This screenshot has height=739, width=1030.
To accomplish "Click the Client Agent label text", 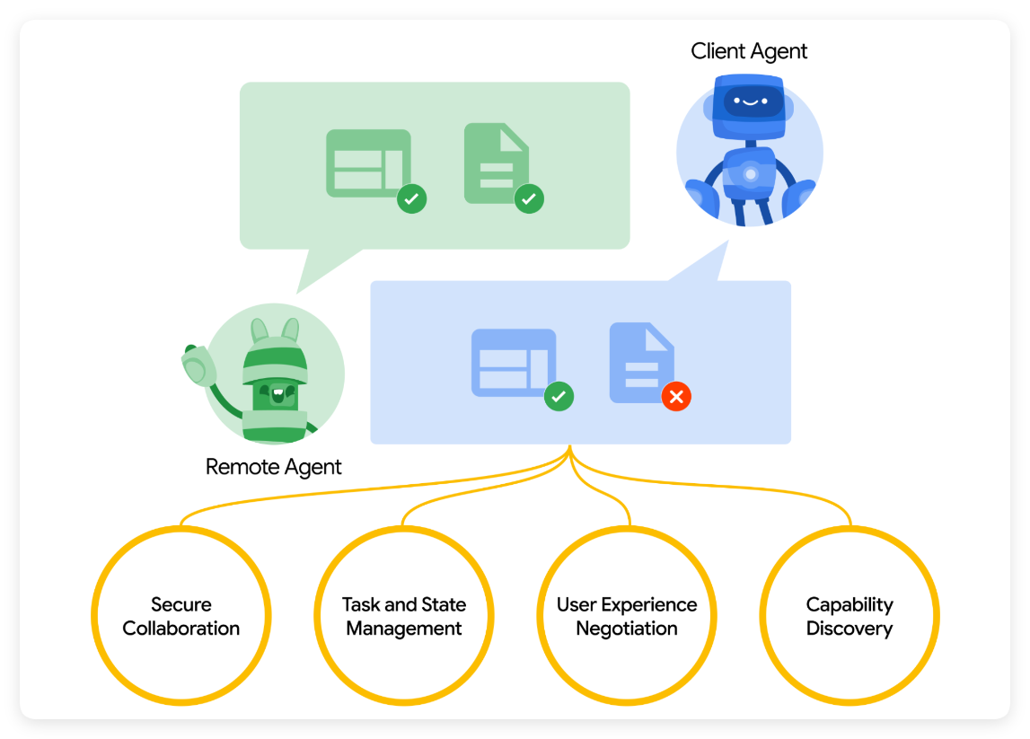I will (x=749, y=51).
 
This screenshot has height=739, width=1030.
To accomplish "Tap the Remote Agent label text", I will (x=273, y=467).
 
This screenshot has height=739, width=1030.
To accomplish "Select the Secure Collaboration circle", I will (x=181, y=616).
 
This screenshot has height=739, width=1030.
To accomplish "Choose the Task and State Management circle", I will (x=404, y=616).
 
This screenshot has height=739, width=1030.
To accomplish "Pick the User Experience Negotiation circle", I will (x=627, y=616).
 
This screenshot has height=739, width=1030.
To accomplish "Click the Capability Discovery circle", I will (x=850, y=616).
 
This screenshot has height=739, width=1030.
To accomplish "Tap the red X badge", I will (x=676, y=396).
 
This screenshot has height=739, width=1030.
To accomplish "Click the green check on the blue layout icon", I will (x=559, y=396).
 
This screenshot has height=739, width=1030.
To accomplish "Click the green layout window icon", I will (x=367, y=163).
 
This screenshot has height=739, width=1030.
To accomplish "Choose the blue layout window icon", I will (x=513, y=362).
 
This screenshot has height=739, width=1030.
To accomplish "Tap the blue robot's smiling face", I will (x=749, y=101).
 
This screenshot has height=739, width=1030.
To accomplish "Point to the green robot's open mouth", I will (x=276, y=394).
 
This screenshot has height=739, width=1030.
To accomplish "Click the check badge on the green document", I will (x=529, y=198).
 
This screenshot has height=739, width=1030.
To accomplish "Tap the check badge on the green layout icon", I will (x=412, y=198).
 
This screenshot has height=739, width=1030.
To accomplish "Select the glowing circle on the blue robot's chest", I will (x=750, y=172).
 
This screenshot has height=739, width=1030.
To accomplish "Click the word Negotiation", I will (x=627, y=629).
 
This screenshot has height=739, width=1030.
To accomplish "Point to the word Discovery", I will (x=850, y=629).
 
